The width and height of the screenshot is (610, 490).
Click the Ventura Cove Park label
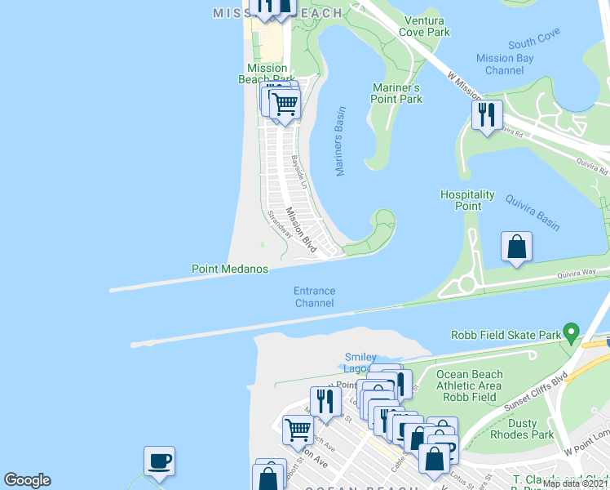click(x=424, y=26)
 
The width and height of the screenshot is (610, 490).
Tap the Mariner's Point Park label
click(x=397, y=93)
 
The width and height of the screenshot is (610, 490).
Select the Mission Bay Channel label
click(x=506, y=65)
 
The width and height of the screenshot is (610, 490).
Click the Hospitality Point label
click(x=467, y=200)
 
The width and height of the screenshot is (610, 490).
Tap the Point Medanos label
click(x=230, y=269)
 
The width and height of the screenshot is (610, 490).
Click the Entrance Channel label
click(x=315, y=297)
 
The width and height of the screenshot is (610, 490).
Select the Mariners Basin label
click(x=341, y=140)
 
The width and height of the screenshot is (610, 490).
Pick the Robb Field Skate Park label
click(x=506, y=335)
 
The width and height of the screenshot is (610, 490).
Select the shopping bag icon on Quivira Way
click(x=516, y=247)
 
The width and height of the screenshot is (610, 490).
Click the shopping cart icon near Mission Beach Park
click(x=285, y=105)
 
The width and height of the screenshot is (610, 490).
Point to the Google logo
click(x=27, y=480)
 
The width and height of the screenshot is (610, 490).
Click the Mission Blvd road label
click(x=301, y=228)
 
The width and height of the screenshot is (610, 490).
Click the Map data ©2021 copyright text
click(x=574, y=483)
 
